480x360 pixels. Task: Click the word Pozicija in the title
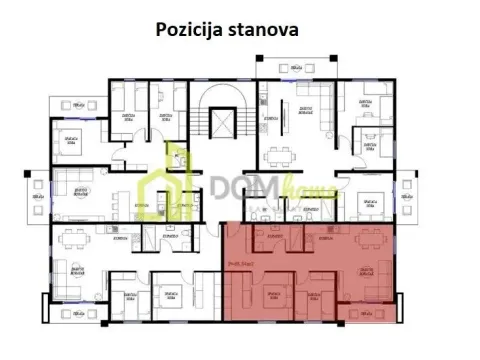(190, 28)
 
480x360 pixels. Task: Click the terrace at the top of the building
(295, 65)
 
